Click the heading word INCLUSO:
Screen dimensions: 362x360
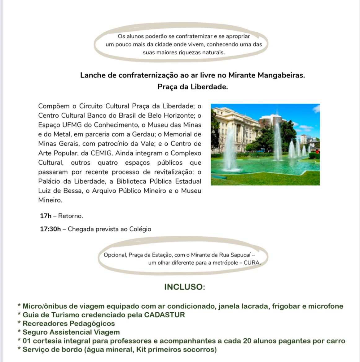[184, 287]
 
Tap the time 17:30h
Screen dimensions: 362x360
[50, 229]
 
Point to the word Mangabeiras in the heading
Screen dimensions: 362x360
[282, 75]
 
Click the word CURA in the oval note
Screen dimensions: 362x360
[252, 263]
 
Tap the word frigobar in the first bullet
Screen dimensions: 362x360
[286, 306]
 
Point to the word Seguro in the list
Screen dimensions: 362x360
[35, 332]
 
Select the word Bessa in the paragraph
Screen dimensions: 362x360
[73, 191]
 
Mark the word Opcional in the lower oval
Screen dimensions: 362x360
[115, 255]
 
